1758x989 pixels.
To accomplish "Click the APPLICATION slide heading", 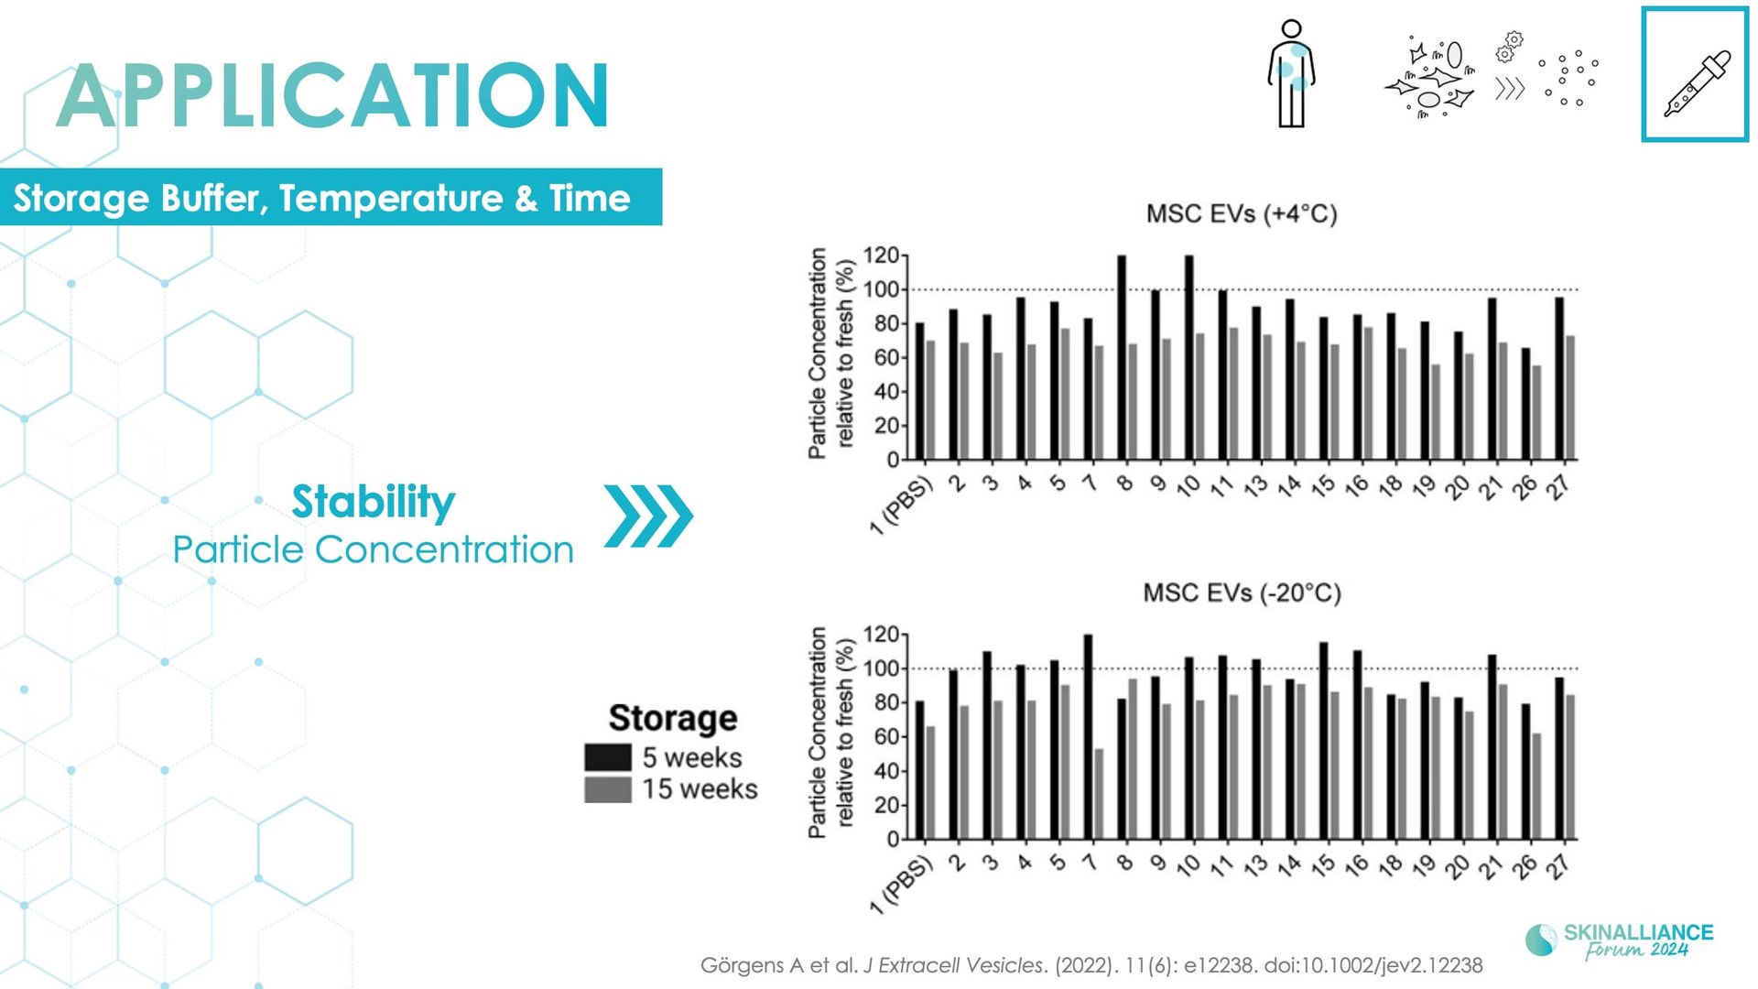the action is [x=332, y=95].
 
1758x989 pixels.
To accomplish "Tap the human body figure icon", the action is [x=1291, y=73].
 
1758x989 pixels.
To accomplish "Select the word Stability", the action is [x=373, y=502].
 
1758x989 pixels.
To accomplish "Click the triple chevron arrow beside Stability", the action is [x=648, y=516].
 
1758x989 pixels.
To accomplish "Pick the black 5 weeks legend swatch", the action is [x=608, y=757].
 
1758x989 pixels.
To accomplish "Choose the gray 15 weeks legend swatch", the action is [x=608, y=789].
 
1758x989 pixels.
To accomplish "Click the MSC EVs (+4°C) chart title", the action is [x=1242, y=214].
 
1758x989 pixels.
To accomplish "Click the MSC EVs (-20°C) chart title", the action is [x=1242, y=593].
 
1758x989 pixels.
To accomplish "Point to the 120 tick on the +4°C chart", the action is [x=881, y=255].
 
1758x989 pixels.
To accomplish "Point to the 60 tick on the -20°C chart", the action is [x=886, y=737].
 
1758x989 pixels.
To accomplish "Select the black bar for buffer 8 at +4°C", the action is [x=1122, y=357].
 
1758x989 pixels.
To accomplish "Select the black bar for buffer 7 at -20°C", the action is [x=1088, y=737].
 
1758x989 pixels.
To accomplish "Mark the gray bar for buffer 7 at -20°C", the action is [x=1099, y=794].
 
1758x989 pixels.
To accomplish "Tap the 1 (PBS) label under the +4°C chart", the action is [x=900, y=505].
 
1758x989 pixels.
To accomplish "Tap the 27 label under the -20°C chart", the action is [x=1557, y=866].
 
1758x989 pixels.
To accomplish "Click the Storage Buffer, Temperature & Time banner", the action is [x=331, y=197].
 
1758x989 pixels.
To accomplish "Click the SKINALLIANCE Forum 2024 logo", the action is [x=1620, y=940].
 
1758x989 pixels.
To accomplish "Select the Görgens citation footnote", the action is [x=1091, y=965].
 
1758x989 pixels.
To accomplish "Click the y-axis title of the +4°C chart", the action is [x=831, y=353].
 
